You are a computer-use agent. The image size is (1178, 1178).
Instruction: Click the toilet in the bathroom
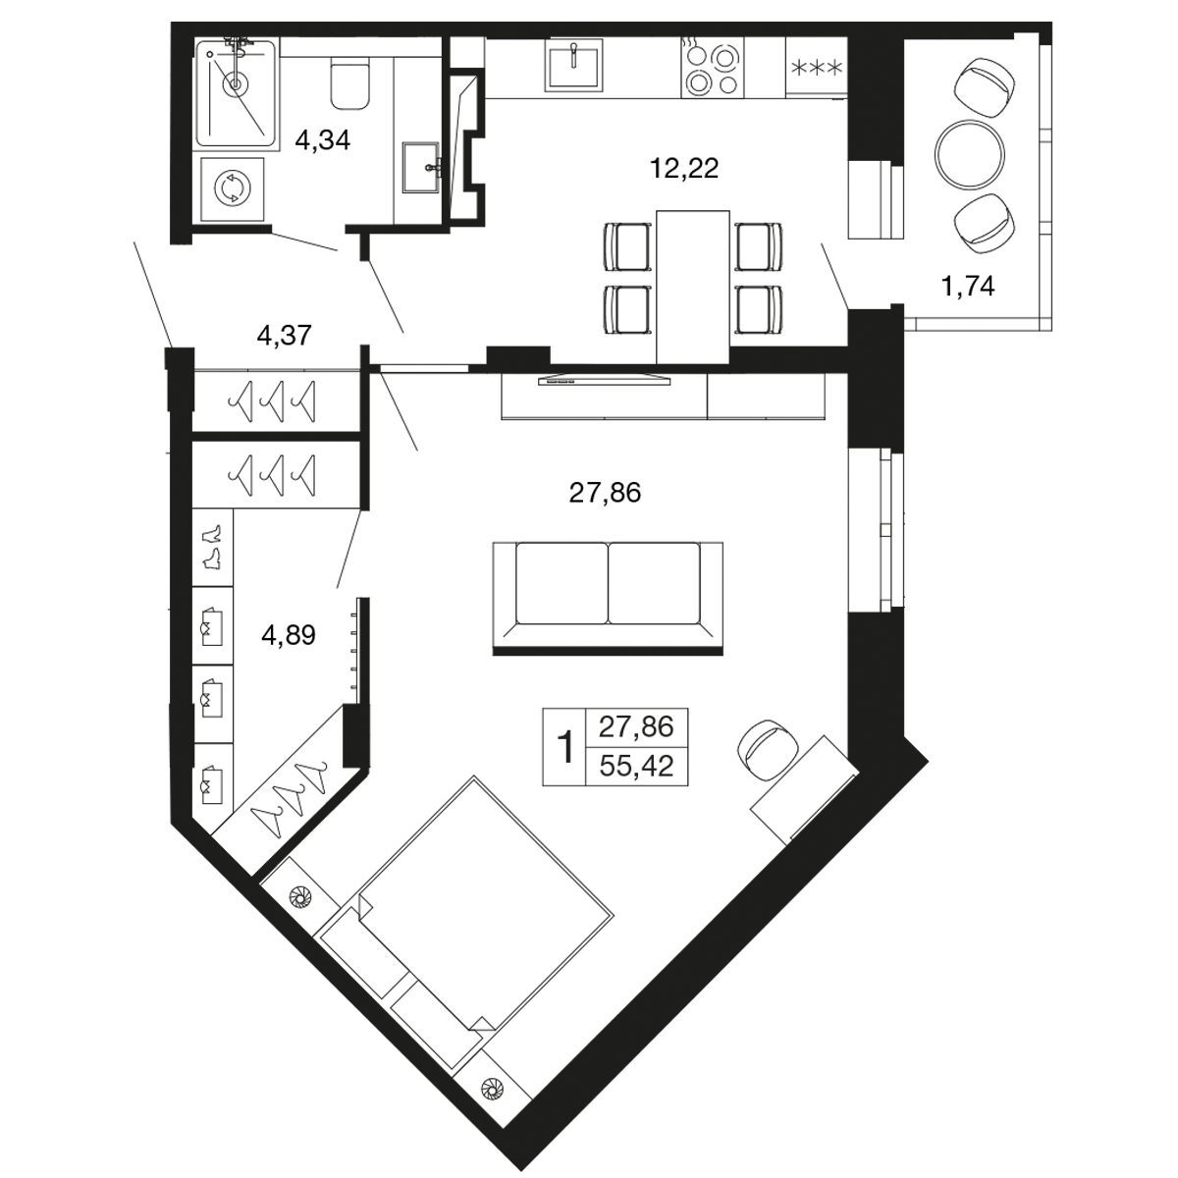pos(350,84)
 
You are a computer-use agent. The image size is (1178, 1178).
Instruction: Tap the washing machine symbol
pos(233,188)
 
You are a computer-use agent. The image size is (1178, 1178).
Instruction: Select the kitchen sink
pos(574,64)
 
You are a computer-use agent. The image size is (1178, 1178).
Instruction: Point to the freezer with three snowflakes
pos(816,68)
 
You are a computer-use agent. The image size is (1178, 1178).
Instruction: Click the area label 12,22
pos(684,168)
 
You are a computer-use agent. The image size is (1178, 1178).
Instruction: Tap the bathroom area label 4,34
pos(322,140)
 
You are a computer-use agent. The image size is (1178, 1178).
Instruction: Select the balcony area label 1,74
pos(968,286)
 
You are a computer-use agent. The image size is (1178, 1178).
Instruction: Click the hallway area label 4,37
pos(285,335)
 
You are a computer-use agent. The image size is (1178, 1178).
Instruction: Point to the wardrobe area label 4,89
pos(288,635)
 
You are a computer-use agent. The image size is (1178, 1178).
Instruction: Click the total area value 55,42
pos(636,766)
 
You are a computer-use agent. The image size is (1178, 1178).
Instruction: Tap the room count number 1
pos(566,746)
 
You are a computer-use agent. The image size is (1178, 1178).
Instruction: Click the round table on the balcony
pos(970,155)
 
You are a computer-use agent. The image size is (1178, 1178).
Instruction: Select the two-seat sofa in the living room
pos(608,599)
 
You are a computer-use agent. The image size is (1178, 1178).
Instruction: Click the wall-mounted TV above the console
pos(604,380)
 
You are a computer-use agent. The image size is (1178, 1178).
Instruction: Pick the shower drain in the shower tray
pos(235,83)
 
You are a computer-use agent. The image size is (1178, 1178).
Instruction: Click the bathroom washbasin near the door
pos(421,167)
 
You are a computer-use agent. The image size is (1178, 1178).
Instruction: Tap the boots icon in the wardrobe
pos(212,547)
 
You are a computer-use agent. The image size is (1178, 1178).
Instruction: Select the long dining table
pos(693,287)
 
